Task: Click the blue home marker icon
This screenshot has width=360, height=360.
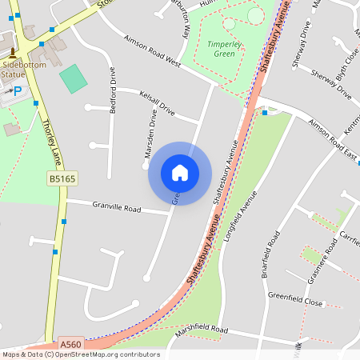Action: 180,173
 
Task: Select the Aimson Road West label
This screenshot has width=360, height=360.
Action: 153,52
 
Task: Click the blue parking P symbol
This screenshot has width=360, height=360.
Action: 16,91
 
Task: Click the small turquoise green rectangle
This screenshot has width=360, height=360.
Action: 74,79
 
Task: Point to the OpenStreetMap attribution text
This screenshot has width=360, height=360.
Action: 80,354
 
